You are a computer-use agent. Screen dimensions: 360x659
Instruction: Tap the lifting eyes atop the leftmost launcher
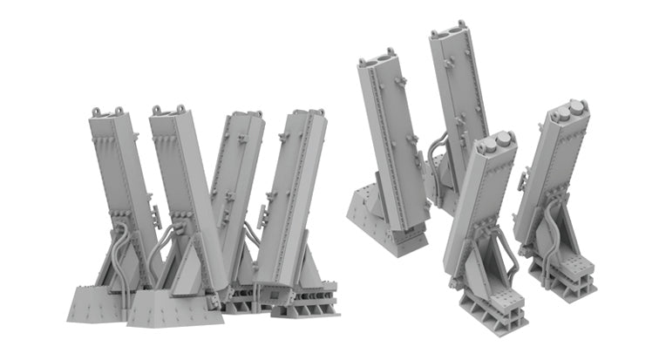(x=107, y=112)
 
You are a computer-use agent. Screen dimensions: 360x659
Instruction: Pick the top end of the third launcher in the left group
(x=243, y=115)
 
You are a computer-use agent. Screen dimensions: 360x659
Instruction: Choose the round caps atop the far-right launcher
(x=568, y=110)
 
